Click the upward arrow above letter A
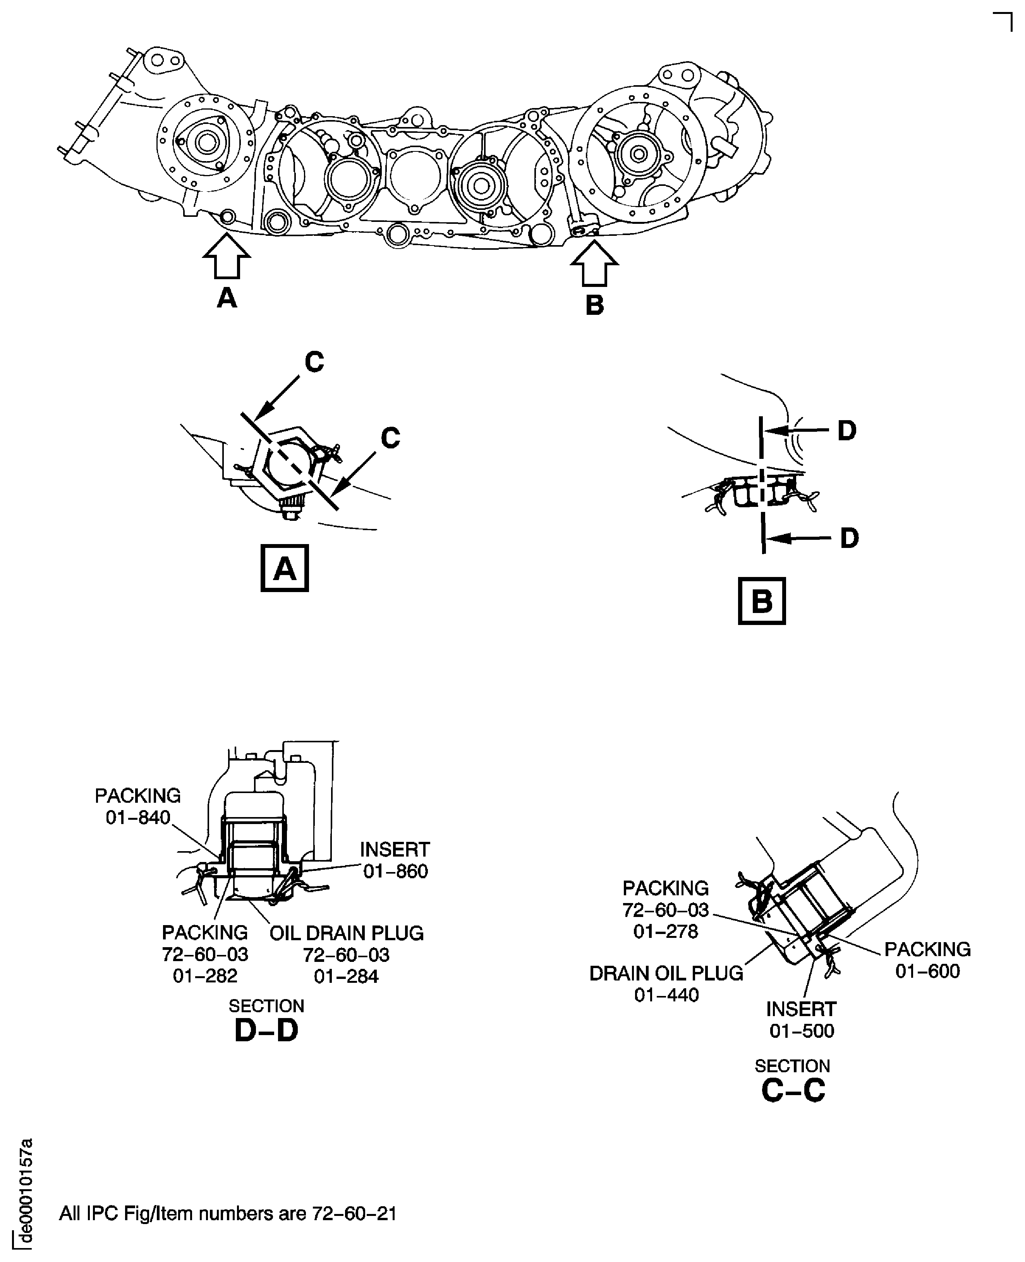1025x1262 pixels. coord(227,256)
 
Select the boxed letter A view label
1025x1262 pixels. coord(285,568)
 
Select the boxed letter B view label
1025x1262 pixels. coord(762,601)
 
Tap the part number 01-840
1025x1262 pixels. coord(138,818)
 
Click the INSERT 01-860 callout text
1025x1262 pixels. coord(395,860)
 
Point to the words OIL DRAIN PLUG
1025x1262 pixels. coord(347,933)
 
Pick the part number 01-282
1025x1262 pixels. coord(205,975)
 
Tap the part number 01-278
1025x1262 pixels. coord(665,931)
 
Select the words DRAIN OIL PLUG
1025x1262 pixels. coord(666,973)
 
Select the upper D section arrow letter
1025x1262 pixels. coord(847,431)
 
